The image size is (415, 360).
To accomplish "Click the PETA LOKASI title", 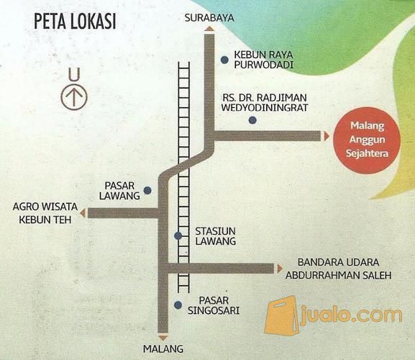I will (74, 21).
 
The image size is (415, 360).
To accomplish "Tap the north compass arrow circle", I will (72, 97).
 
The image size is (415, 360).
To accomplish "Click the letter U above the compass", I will (72, 73).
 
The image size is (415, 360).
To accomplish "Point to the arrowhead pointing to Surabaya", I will (209, 28).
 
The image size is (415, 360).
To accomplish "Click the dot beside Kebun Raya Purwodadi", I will (224, 60).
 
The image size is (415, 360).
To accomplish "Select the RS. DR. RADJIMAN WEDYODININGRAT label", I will (266, 102).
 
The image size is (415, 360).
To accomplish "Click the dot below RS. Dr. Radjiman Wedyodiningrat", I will (252, 120).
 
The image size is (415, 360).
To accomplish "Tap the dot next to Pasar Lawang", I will (147, 191).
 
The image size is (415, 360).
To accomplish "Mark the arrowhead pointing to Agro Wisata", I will (83, 213).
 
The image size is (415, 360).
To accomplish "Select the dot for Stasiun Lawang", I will (178, 236).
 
